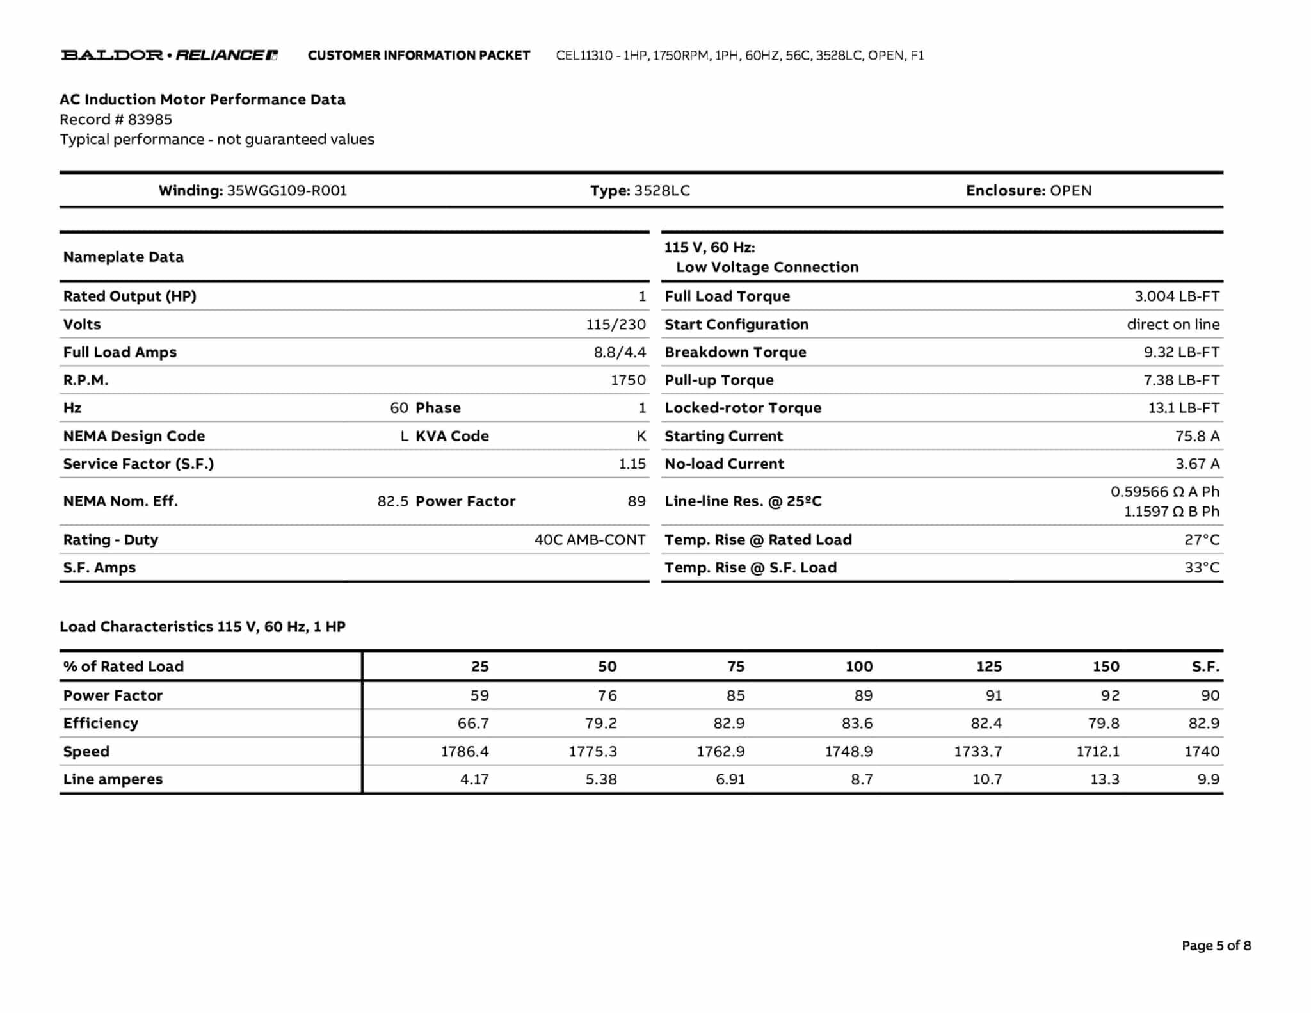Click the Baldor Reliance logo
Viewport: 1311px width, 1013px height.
pyautogui.click(x=169, y=55)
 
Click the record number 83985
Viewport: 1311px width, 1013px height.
pyautogui.click(x=150, y=120)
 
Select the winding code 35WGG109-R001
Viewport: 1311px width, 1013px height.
pyautogui.click(x=287, y=191)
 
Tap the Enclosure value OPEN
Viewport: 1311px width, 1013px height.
pyautogui.click(x=1070, y=191)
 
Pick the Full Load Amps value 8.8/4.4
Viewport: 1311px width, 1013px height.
pyautogui.click(x=619, y=352)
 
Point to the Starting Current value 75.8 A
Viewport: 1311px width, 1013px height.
pyautogui.click(x=1197, y=436)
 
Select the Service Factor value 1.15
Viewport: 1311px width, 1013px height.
pyautogui.click(x=632, y=464)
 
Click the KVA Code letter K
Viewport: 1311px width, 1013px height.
pyautogui.click(x=641, y=436)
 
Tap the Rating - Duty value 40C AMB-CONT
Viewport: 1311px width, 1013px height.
pyautogui.click(x=590, y=540)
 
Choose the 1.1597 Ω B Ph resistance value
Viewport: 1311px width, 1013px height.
pyautogui.click(x=1171, y=512)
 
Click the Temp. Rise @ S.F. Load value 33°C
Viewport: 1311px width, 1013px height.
pyautogui.click(x=1202, y=568)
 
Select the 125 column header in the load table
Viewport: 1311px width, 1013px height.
pyautogui.click(x=988, y=667)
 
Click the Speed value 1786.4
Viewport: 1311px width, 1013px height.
pyautogui.click(x=464, y=752)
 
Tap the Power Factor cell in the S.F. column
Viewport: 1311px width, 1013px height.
pyautogui.click(x=1209, y=695)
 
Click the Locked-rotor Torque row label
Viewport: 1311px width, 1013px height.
pyautogui.click(x=743, y=408)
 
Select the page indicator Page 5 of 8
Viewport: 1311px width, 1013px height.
pyautogui.click(x=1216, y=946)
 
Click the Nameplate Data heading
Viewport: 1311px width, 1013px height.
pyautogui.click(x=124, y=257)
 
